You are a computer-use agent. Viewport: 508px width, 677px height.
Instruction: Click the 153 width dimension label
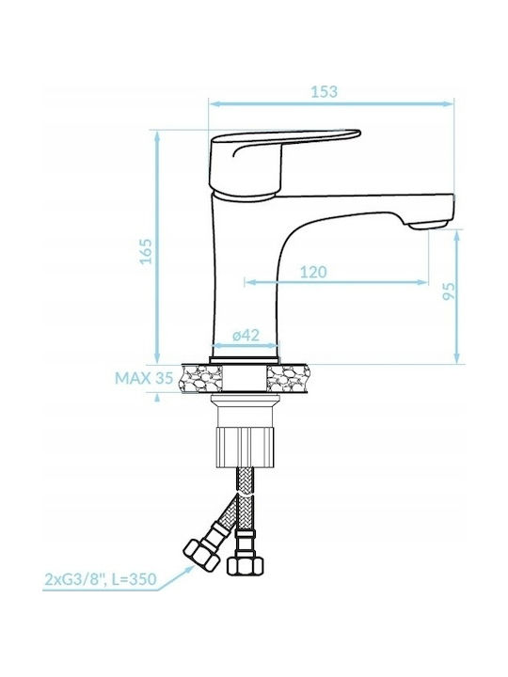324,91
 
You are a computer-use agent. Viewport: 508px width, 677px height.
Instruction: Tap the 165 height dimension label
147,250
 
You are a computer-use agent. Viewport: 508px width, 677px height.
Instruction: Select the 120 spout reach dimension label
313,272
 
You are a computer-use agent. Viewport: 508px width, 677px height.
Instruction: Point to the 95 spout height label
450,291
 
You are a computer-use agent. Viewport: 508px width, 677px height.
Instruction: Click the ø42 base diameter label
246,335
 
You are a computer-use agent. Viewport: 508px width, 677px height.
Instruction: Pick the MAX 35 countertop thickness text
144,378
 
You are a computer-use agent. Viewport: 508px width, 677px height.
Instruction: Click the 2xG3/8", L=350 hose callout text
101,578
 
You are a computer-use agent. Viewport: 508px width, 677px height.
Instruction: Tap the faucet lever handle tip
357,133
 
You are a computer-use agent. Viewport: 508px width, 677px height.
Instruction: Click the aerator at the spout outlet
428,224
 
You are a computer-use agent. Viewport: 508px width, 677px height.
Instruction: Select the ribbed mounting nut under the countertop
246,447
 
